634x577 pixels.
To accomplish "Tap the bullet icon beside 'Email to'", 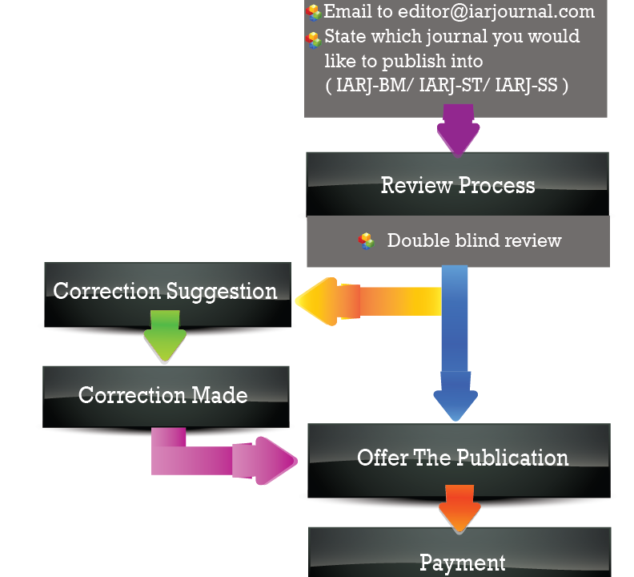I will pos(314,12).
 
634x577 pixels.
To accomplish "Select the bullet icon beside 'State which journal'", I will pos(314,40).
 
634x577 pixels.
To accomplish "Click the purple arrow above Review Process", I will pos(458,132).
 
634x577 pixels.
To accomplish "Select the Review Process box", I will pos(457,184).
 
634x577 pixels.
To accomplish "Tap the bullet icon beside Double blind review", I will pos(367,240).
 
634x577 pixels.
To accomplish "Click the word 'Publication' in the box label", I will pos(512,458).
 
